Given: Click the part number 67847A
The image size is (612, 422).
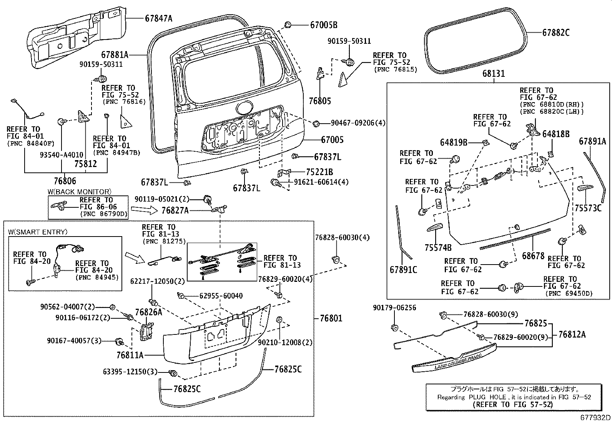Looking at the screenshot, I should point(159,18).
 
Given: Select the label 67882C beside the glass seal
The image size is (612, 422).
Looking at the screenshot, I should point(555,33).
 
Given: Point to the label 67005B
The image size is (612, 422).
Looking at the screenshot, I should point(324,25).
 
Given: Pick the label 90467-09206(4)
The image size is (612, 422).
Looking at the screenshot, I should point(358,123).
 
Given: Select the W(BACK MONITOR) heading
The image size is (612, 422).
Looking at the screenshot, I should point(80,192).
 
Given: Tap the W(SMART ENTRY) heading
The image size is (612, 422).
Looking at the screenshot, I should point(38,232).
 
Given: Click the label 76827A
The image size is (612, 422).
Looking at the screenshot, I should point(175,210).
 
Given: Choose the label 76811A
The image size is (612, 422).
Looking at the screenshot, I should point(130,356).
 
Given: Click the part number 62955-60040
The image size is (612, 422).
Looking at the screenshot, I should point(221,296).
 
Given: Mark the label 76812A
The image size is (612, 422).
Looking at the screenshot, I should point(572,334).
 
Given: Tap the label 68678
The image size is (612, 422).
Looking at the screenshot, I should point(533,256).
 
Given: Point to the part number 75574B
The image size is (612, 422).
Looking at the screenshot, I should point(438,248).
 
